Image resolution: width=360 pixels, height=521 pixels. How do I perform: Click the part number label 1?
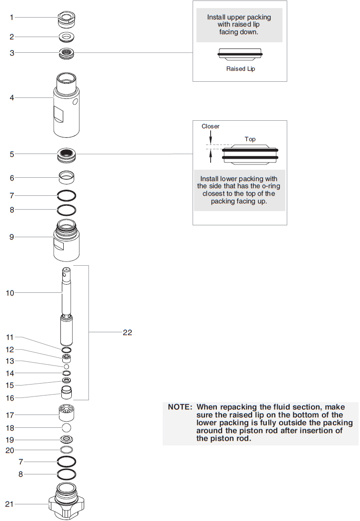point(12,18)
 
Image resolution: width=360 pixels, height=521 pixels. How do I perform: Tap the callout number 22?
point(127,332)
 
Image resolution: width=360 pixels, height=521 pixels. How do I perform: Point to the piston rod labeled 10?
point(67,309)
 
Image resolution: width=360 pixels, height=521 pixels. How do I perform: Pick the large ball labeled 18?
point(67,428)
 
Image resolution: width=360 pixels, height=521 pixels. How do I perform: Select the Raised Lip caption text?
point(240,69)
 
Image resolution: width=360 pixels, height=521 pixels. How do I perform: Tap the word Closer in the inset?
point(211,126)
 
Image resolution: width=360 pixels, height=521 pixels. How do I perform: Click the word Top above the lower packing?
point(250,139)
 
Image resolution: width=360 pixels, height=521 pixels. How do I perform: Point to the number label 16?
point(10,398)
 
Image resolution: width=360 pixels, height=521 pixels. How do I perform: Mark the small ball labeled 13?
point(67,367)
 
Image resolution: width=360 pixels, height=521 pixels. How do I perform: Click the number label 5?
point(12,154)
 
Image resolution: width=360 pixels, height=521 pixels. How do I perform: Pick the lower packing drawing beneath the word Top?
point(250,154)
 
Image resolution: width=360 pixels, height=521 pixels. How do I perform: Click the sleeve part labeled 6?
point(67,178)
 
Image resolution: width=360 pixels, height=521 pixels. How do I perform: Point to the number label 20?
point(10,450)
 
